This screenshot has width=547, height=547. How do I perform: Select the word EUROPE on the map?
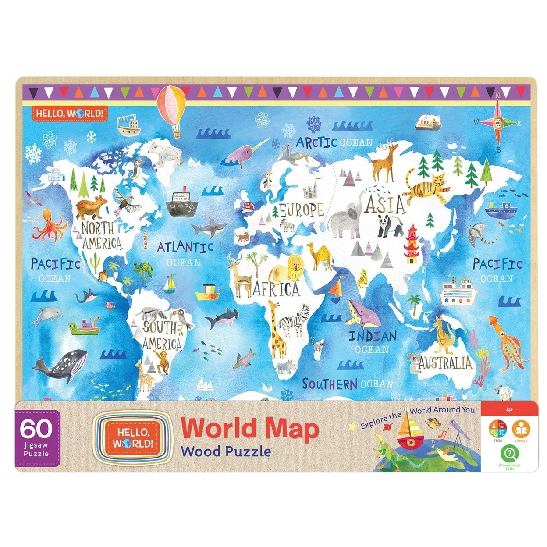[302, 210]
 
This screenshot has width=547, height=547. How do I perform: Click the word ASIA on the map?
[385, 204]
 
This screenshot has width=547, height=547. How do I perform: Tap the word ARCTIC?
[316, 142]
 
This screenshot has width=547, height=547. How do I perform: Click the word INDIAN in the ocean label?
[373, 337]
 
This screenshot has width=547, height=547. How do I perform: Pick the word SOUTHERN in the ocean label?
[330, 384]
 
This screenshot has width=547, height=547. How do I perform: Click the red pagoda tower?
[412, 244]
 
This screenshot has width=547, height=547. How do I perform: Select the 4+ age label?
[509, 410]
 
